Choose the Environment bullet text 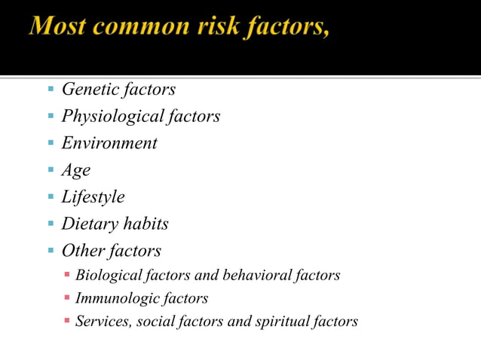pos(109,143)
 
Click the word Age pos(75,171)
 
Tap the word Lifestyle pos(93,197)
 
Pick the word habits pos(143,224)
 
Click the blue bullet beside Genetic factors pos(49,90)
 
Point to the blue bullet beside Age pos(49,170)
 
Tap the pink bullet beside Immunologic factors pos(66,297)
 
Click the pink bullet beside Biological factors pos(66,275)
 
